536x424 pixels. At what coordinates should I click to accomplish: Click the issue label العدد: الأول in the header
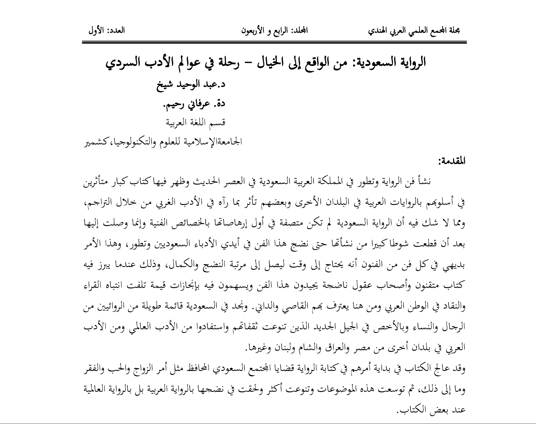[x=106, y=31]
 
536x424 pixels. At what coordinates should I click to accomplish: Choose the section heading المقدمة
[x=452, y=161]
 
